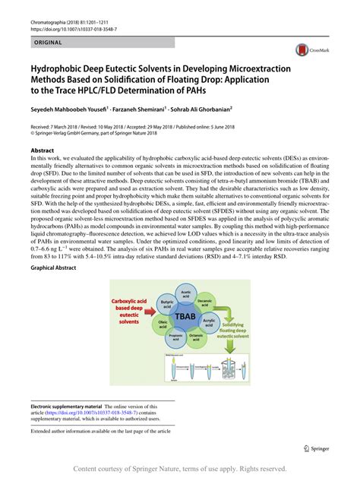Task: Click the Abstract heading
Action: click(43, 151)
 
